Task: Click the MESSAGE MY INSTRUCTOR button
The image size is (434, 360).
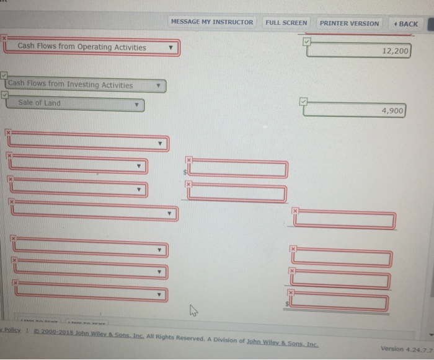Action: (x=211, y=22)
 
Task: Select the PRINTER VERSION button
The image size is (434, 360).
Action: (x=349, y=23)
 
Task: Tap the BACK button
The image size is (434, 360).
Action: (x=405, y=24)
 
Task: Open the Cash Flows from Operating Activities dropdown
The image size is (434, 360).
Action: (x=93, y=47)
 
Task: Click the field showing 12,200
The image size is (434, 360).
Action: (x=359, y=51)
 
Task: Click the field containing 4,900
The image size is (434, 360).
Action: (x=355, y=111)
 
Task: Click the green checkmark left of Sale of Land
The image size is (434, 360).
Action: (x=5, y=95)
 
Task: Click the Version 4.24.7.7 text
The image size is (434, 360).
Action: (x=404, y=348)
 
